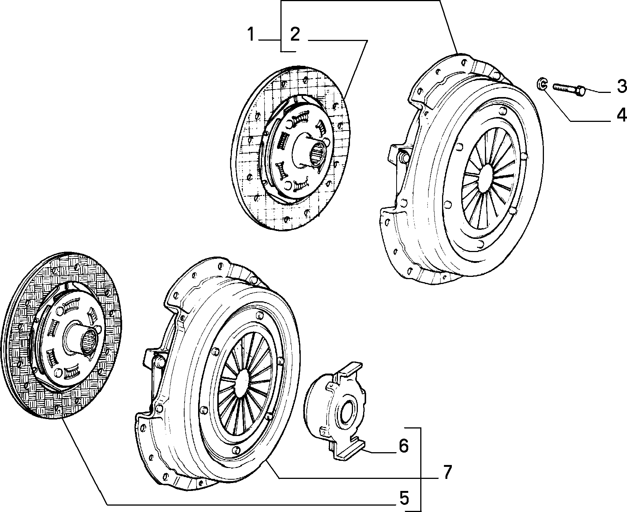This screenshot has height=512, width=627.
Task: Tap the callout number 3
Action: (x=621, y=87)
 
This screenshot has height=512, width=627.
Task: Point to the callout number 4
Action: (x=621, y=115)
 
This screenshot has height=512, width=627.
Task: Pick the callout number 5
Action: (x=404, y=498)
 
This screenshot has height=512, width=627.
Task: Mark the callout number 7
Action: (x=446, y=472)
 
